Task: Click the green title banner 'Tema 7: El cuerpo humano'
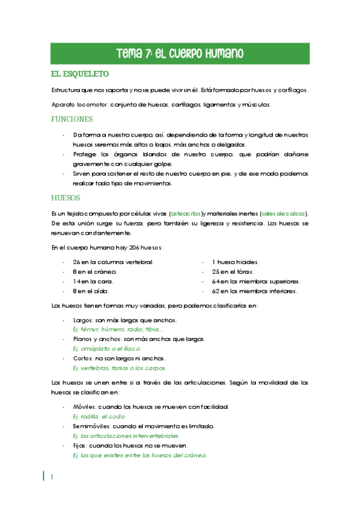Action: (x=180, y=53)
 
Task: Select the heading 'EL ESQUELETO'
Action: (x=80, y=75)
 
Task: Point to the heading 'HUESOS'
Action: (x=66, y=197)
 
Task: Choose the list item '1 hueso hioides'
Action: (x=236, y=262)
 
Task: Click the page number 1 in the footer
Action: (x=53, y=477)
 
